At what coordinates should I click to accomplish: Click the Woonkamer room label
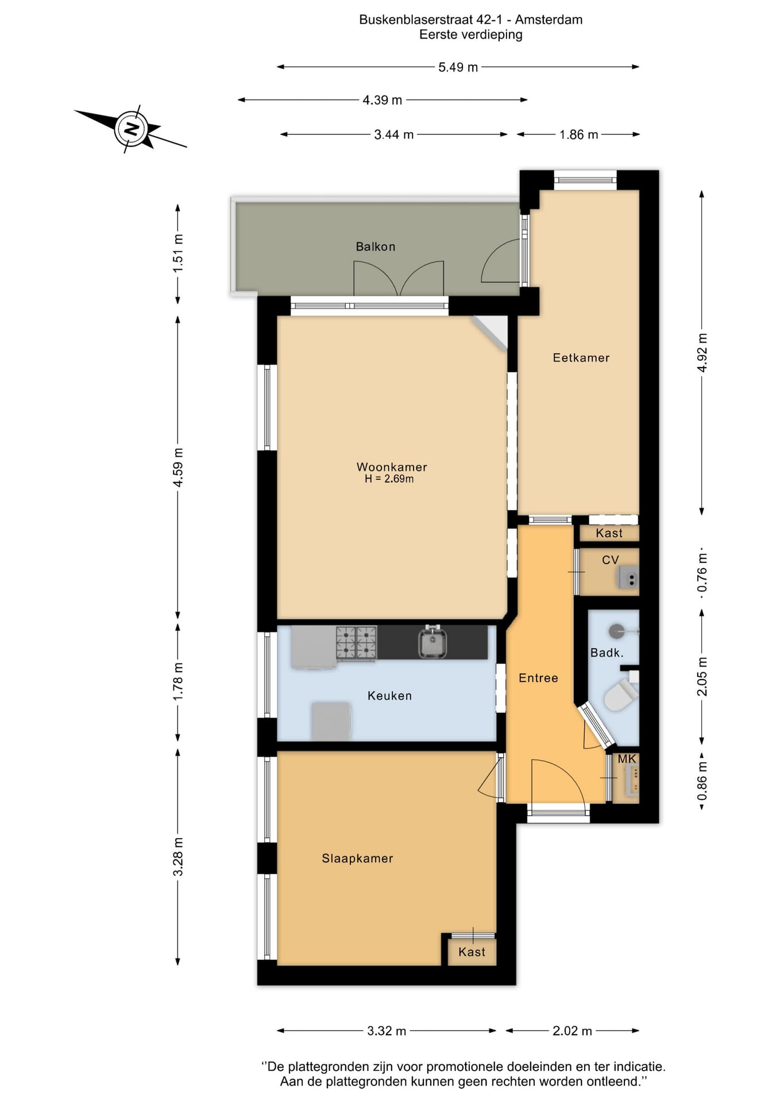click(392, 467)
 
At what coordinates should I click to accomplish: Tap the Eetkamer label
click(581, 358)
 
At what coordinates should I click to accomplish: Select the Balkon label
click(376, 246)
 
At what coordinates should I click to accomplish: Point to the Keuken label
click(389, 696)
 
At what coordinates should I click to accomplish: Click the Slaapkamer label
click(357, 858)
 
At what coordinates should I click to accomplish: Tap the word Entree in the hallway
click(538, 678)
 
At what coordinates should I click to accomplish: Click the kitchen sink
click(433, 642)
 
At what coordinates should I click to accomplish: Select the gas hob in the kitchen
click(356, 642)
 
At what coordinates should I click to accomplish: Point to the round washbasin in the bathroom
click(617, 631)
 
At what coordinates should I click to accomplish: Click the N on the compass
click(132, 128)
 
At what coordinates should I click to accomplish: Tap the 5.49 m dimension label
click(458, 67)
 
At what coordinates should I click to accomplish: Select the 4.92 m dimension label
click(702, 352)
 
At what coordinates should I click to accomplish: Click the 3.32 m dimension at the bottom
click(387, 1031)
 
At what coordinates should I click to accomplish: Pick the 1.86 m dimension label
click(578, 134)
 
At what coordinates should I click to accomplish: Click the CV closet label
click(610, 560)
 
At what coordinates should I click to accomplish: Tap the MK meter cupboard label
click(627, 759)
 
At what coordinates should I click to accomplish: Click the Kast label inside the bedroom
click(472, 952)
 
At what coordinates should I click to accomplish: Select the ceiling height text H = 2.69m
click(389, 479)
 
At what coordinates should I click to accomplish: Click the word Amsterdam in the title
click(549, 20)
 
